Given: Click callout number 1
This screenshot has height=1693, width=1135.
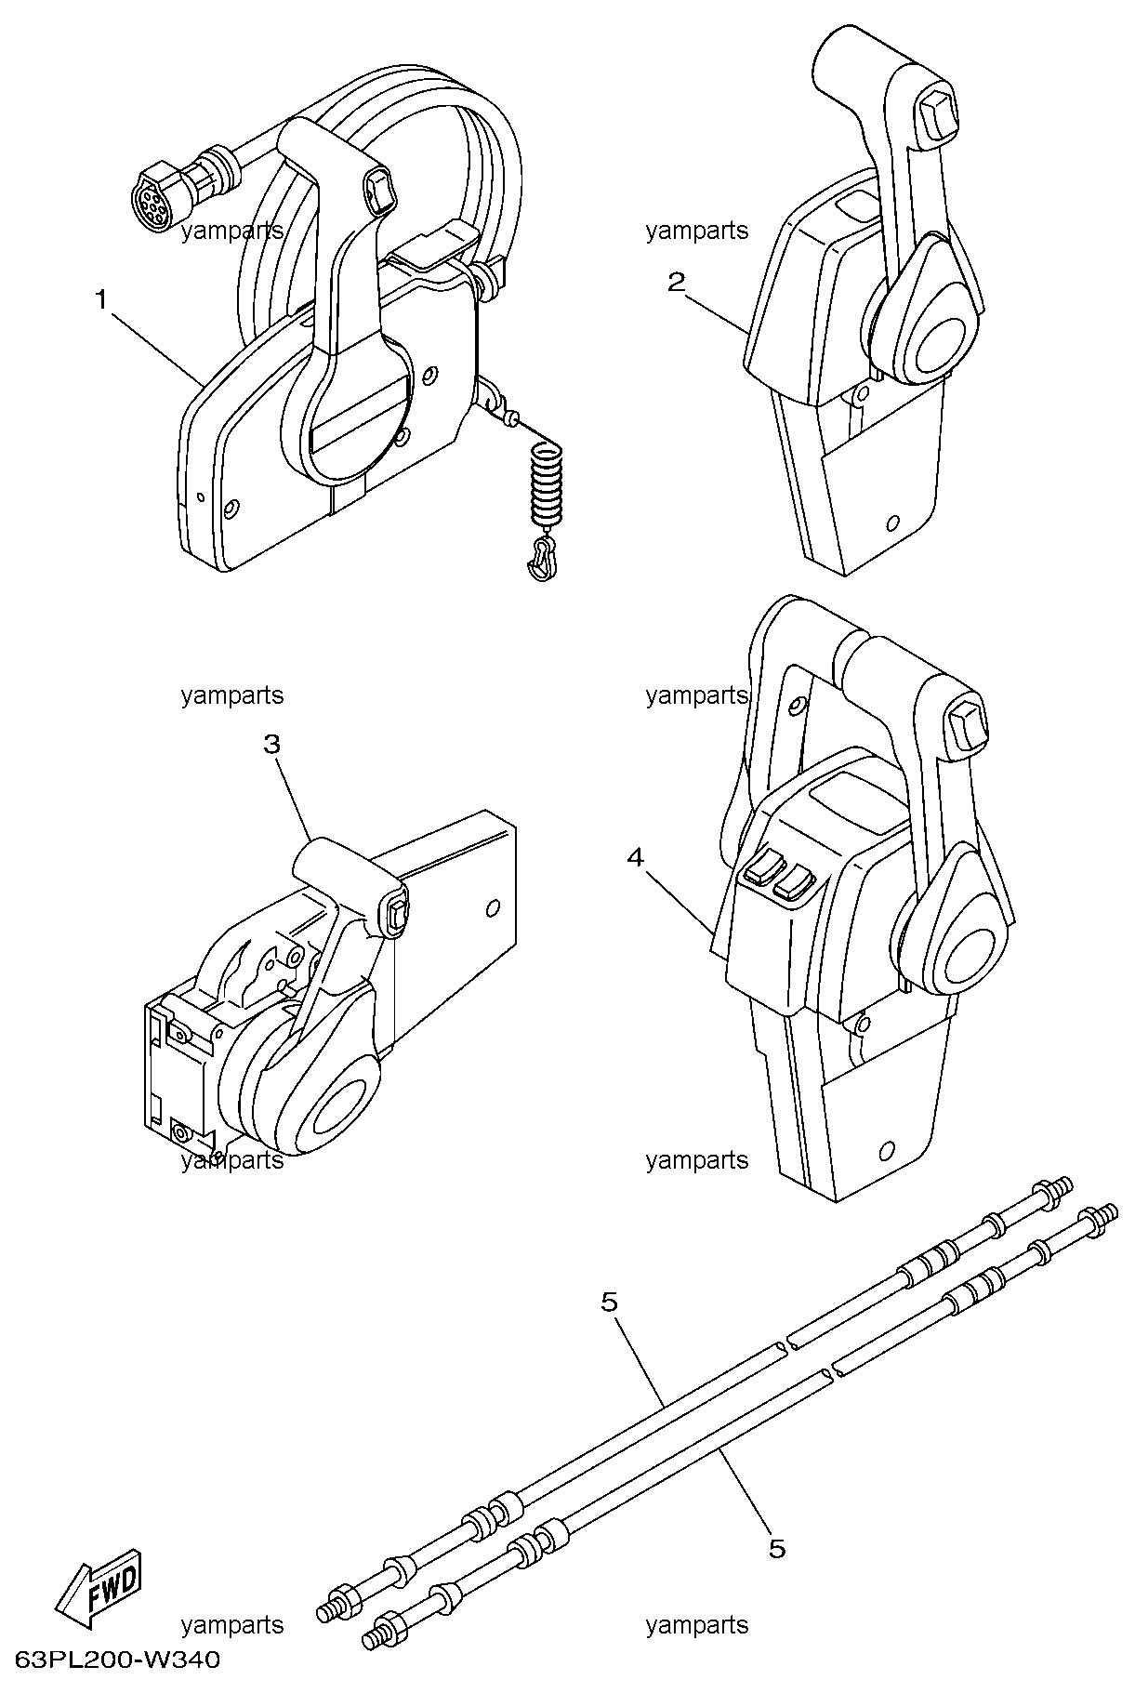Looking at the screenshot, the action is tap(101, 299).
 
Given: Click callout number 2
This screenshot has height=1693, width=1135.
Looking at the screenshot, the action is tap(677, 282).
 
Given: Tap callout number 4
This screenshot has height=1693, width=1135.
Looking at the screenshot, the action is tap(635, 857).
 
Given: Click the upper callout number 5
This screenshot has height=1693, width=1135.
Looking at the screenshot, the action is tap(609, 1303).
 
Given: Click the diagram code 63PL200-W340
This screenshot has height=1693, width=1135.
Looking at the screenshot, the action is tap(117, 1660).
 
